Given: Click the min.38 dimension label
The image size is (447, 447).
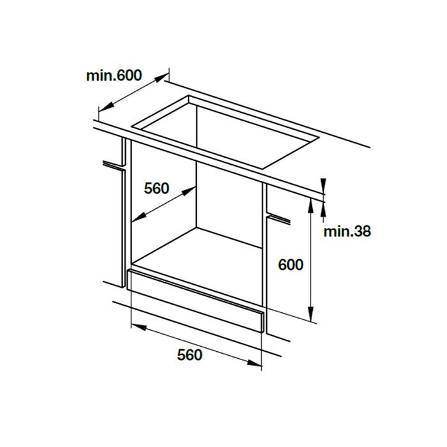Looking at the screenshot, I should [347, 231].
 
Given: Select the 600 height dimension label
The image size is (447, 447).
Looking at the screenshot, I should [291, 264].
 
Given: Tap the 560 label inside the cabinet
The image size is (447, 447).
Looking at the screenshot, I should [156, 188].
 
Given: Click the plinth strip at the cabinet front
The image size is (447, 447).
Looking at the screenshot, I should [195, 301].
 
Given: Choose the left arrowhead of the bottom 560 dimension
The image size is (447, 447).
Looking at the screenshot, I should [135, 325].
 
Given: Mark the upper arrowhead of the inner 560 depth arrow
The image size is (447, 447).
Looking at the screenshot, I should [193, 190].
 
